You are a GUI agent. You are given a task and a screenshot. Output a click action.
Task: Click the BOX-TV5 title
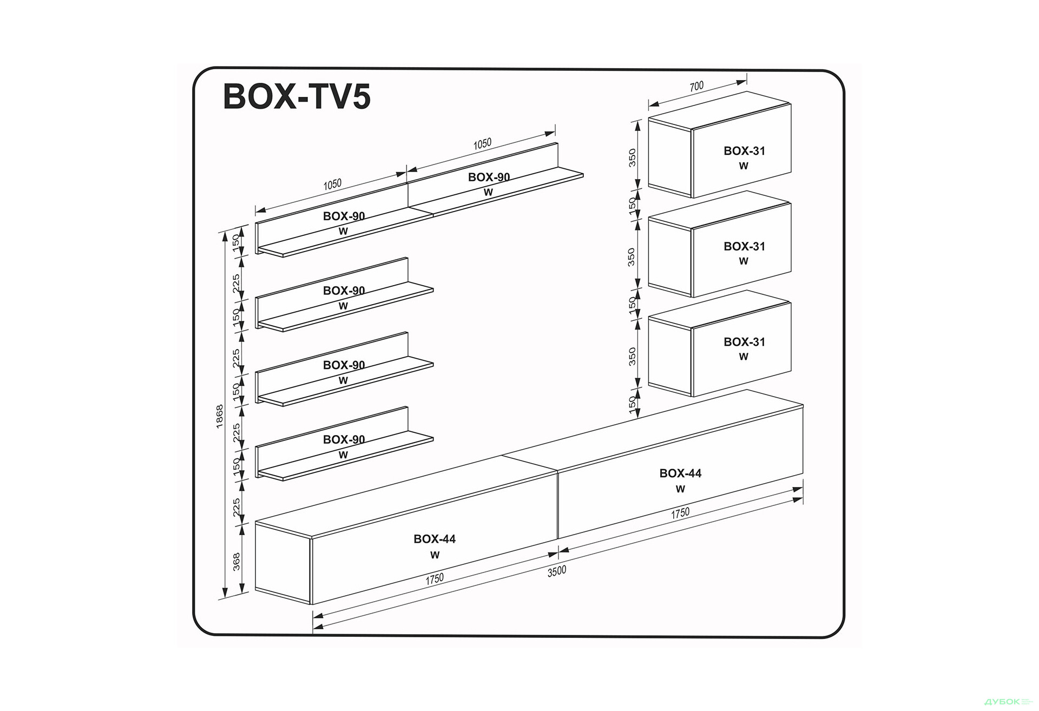point(297,97)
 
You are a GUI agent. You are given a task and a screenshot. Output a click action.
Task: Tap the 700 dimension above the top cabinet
point(696,87)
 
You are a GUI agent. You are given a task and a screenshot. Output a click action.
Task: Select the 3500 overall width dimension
point(556,571)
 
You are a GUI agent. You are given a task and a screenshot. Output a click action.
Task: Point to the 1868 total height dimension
point(220,417)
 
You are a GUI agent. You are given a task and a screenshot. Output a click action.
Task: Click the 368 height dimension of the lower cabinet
point(236,561)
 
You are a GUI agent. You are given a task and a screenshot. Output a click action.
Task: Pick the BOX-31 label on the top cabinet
point(744,152)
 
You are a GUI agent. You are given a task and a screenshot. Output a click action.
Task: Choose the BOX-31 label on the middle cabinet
point(744,247)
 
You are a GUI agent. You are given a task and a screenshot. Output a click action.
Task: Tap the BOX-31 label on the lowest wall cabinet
point(744,342)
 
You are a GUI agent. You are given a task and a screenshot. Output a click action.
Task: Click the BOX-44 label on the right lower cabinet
point(680,473)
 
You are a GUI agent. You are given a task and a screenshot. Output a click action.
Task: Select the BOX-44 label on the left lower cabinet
point(435,539)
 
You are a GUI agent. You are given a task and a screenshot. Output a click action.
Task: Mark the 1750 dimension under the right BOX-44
point(680,513)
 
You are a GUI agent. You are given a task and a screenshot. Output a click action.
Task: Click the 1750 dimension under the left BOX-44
point(435,579)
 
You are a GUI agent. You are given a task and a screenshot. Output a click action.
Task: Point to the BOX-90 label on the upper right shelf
point(489,177)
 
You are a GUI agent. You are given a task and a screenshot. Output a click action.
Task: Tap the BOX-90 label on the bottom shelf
point(344,440)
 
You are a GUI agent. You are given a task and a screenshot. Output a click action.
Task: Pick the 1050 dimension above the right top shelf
point(482,143)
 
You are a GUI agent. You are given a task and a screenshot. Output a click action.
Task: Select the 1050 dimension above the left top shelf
point(332,185)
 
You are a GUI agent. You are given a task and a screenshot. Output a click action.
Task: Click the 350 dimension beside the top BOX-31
point(632,157)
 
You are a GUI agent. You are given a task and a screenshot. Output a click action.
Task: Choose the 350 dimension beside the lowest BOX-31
point(632,357)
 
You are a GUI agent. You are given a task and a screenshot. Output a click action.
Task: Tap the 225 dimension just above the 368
point(236,508)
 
